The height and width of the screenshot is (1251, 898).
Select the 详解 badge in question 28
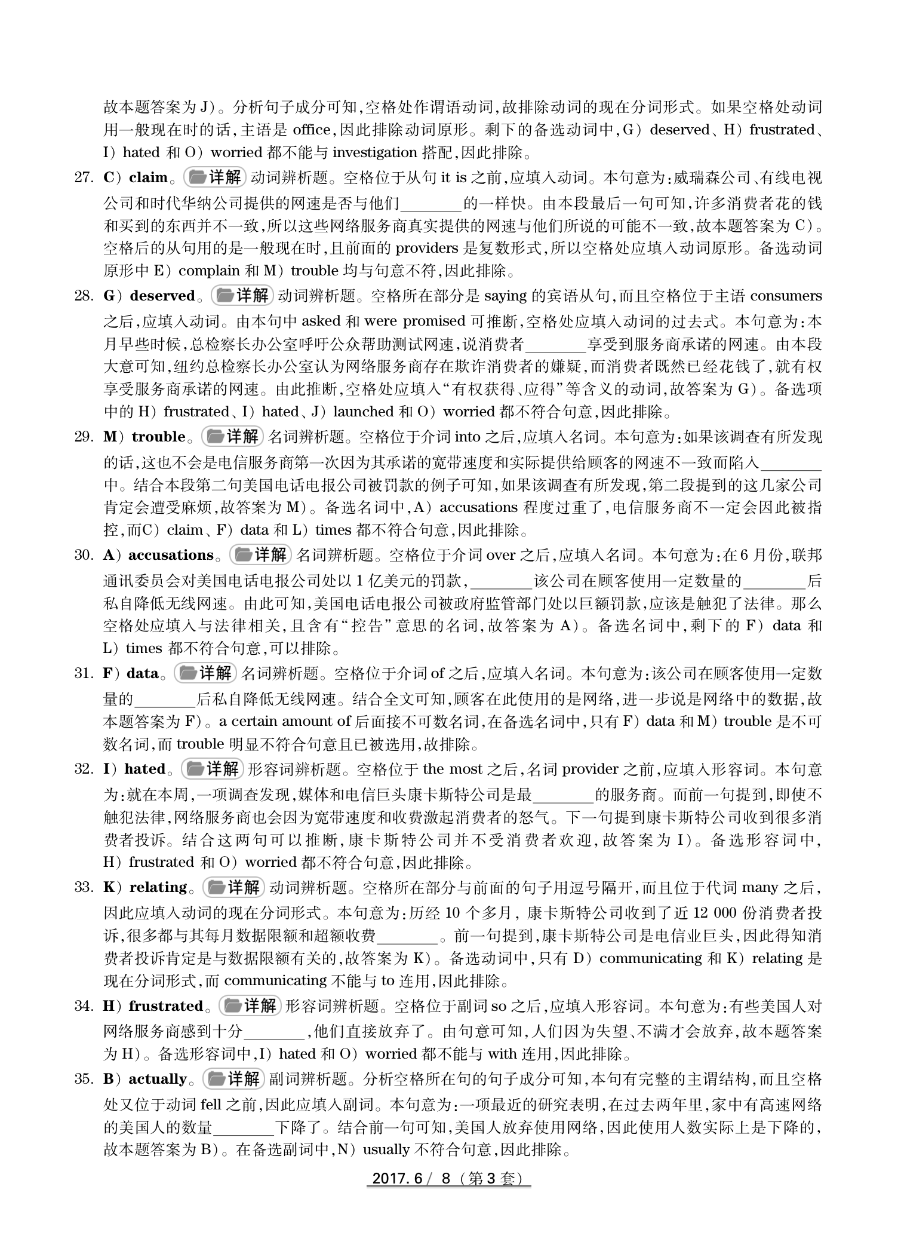point(242,296)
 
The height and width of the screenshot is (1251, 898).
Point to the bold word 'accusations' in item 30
point(171,556)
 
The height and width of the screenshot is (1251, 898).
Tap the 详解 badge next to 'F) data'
point(205,674)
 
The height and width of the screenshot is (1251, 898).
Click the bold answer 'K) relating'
point(146,888)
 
